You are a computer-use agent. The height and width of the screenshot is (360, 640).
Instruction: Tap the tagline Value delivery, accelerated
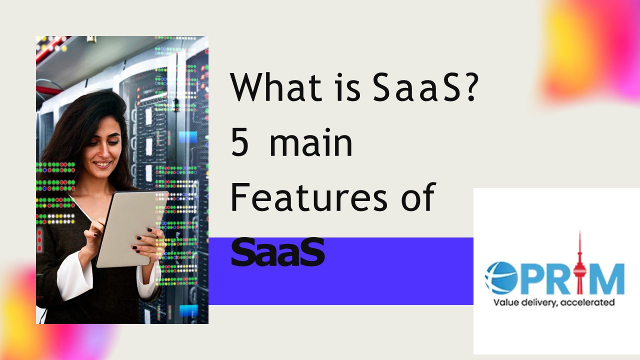coord(553,302)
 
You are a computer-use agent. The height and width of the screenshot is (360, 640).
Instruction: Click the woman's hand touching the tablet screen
coord(95,231)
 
